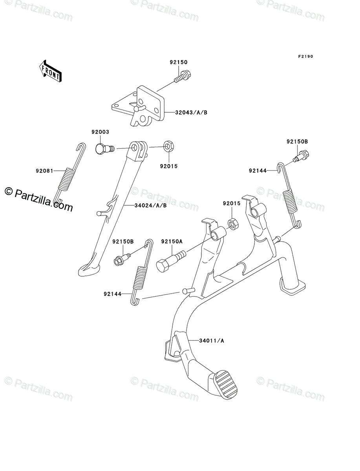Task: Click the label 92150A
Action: [x=172, y=241]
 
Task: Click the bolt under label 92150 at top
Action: [x=181, y=76]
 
